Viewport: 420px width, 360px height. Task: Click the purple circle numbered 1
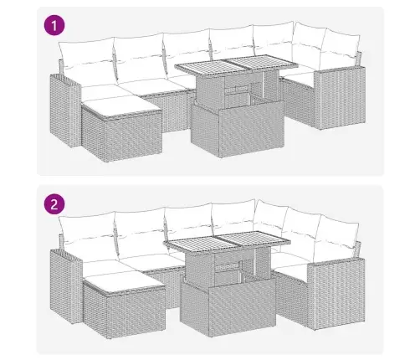coord(54,25)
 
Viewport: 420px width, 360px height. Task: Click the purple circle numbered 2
coord(54,204)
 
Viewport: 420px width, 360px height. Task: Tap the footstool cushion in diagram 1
coord(121,108)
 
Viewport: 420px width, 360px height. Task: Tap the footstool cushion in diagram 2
coord(124,283)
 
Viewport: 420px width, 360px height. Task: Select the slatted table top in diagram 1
coord(237,65)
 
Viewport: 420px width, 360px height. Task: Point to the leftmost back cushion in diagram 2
coord(88,237)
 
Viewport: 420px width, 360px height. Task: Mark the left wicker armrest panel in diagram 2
coord(66,286)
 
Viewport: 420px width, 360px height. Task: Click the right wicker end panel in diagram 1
coord(340,98)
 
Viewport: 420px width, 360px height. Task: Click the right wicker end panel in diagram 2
coord(336,293)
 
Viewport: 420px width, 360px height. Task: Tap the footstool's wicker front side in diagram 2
coord(136,312)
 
